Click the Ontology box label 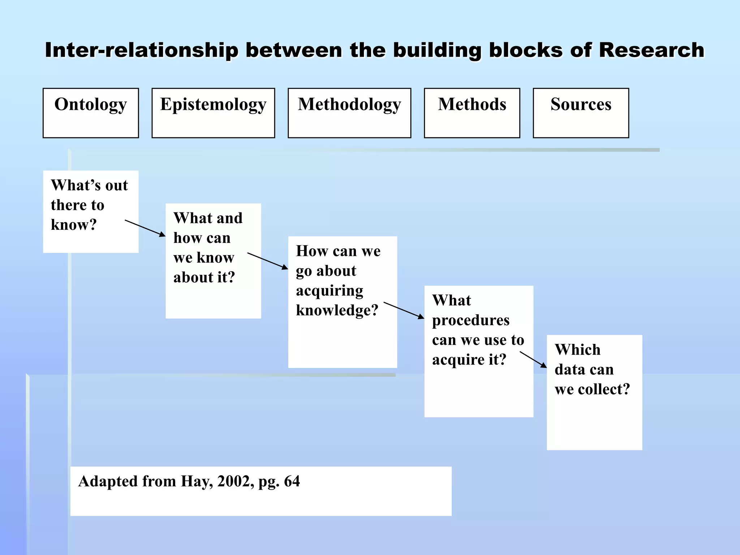click(91, 105)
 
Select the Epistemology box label click(213, 105)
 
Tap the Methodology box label click(349, 105)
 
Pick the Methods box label click(472, 104)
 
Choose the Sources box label click(581, 104)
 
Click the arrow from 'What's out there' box click(145, 228)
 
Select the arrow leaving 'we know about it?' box click(267, 261)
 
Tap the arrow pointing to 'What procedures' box click(404, 310)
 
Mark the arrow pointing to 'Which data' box click(533, 360)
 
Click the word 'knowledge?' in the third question click(337, 310)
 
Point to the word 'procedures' click(471, 320)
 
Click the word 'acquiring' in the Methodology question click(330, 291)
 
